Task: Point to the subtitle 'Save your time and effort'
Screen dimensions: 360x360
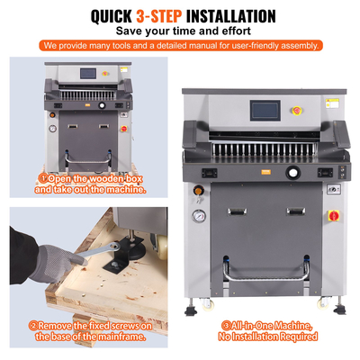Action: pos(180,31)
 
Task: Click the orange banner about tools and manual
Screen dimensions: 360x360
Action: pos(180,45)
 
